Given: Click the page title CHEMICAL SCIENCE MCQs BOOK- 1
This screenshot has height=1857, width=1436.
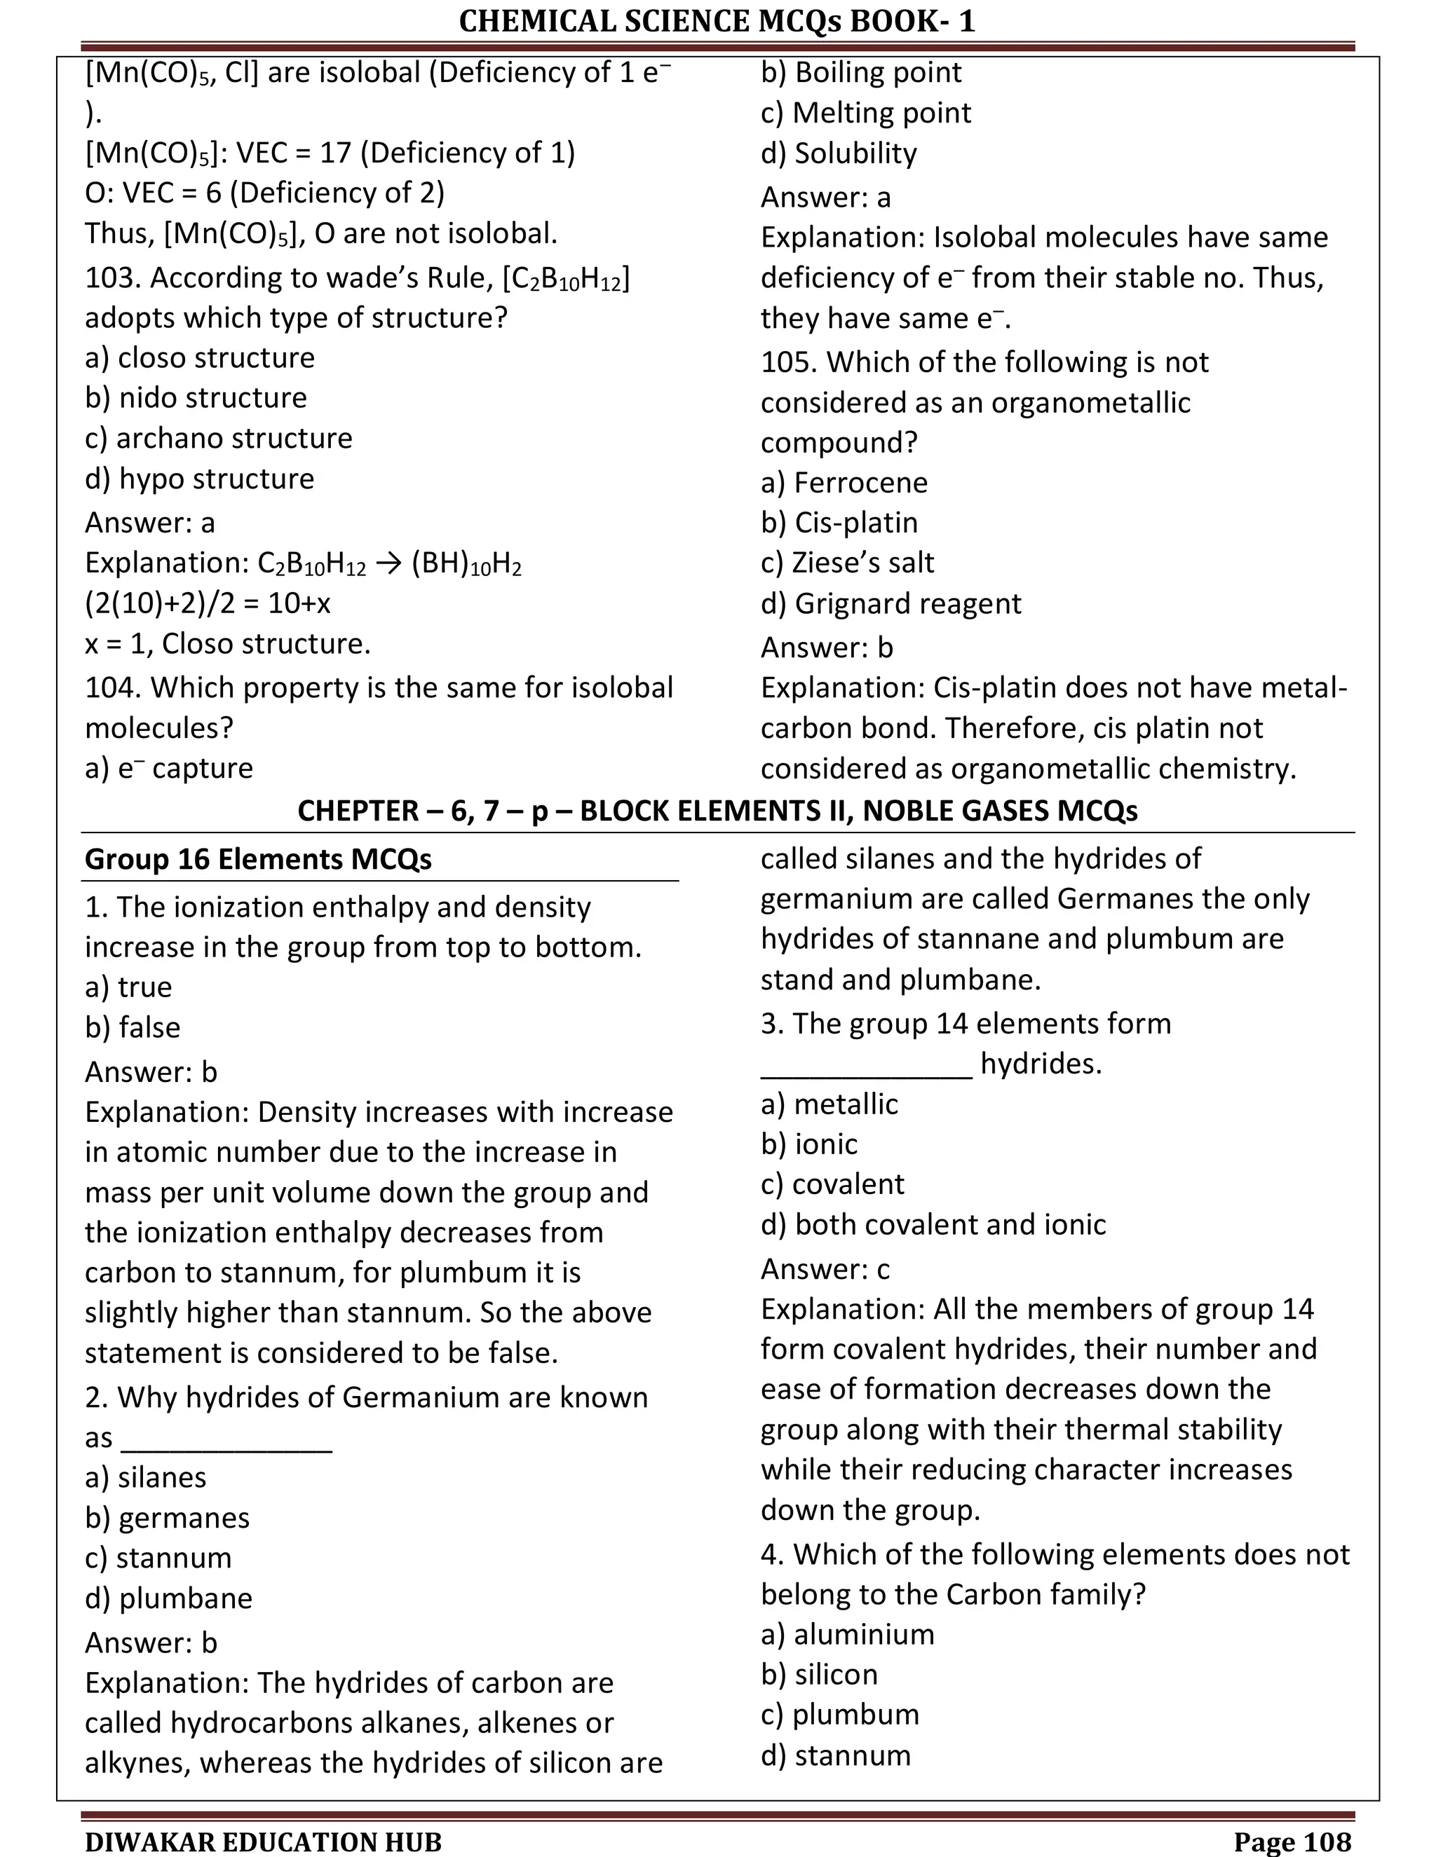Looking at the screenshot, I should click(x=717, y=20).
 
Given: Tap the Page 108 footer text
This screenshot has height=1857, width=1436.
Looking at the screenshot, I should click(x=1292, y=1842).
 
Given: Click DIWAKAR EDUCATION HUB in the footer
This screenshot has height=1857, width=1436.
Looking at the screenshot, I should click(x=263, y=1842).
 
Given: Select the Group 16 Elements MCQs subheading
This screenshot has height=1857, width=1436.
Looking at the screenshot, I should click(x=258, y=859).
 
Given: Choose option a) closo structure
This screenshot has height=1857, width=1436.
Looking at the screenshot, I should click(x=199, y=357).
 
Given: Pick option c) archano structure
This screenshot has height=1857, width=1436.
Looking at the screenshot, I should click(x=218, y=438).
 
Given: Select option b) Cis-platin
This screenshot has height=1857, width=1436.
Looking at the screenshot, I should click(x=839, y=522).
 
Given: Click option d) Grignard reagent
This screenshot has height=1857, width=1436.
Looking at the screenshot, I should click(x=890, y=603).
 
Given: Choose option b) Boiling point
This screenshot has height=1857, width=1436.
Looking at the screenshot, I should click(x=860, y=72).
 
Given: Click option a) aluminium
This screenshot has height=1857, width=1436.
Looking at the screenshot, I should click(x=846, y=1634).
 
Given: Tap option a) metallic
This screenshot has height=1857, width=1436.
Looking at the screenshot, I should click(x=829, y=1104).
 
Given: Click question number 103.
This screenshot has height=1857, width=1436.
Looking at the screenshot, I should click(x=112, y=277).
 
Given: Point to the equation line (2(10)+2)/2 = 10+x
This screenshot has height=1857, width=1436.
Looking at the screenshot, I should click(x=208, y=603).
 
